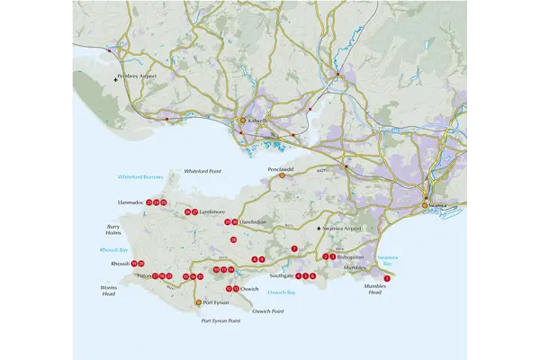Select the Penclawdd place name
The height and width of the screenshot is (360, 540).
(281, 168)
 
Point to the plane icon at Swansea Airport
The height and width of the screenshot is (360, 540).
(319, 230)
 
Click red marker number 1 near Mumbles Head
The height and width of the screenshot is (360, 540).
(387, 280)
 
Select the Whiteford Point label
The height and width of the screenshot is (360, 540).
(202, 171)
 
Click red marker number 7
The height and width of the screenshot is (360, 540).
(293, 247)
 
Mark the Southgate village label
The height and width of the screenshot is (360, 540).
(281, 276)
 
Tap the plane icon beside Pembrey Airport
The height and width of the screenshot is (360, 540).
(116, 78)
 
